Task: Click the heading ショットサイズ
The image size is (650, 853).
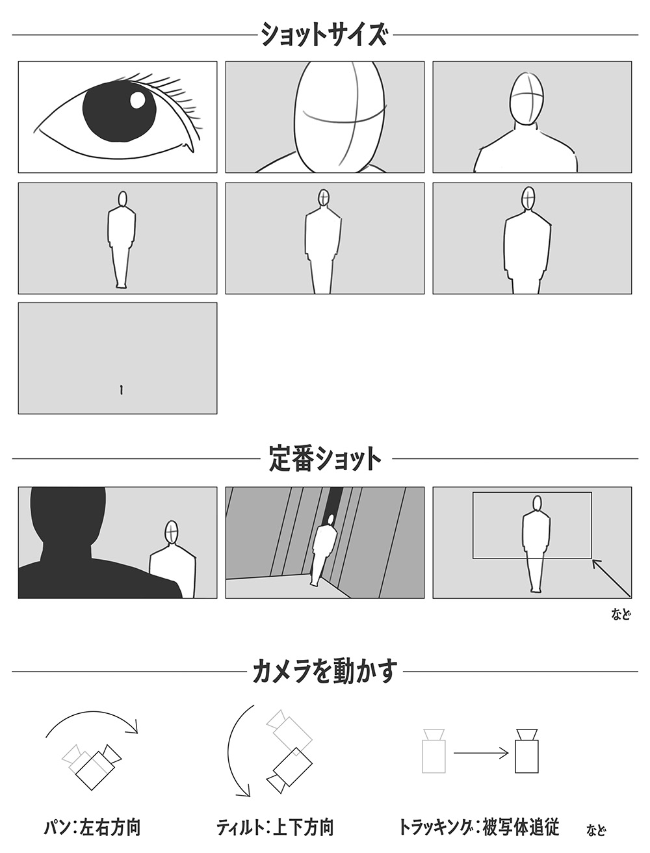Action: click(324, 34)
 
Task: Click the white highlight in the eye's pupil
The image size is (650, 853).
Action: click(138, 100)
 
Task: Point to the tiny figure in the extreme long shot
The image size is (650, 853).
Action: click(122, 390)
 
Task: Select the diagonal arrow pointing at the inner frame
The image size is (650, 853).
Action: click(611, 578)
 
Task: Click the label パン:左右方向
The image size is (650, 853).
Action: click(92, 828)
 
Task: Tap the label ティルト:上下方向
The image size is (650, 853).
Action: click(275, 828)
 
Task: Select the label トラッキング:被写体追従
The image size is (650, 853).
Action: click(478, 828)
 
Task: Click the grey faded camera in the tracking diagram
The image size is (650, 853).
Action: click(434, 750)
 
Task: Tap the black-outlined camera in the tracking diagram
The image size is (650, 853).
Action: click(527, 750)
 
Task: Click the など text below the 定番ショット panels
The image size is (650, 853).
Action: click(621, 614)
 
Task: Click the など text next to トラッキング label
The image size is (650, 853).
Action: click(595, 829)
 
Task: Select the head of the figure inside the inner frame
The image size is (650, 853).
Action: click(537, 504)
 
